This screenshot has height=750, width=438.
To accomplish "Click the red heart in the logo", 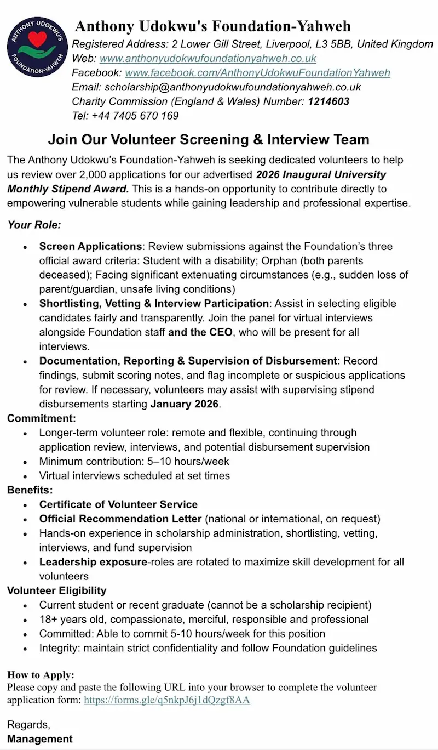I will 38,40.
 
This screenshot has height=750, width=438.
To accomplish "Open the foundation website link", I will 208,58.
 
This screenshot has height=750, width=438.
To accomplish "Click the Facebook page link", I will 257,72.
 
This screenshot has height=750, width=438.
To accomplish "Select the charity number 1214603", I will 328,101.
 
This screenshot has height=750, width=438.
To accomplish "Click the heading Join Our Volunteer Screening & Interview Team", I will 209,139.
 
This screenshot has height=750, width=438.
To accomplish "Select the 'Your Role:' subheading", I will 34,224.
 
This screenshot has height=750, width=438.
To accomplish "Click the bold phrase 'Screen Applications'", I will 90,246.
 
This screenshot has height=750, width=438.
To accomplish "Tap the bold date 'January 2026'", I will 185,404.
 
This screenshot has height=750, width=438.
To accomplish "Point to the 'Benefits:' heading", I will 30,490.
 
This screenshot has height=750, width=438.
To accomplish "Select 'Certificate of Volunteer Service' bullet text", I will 118,504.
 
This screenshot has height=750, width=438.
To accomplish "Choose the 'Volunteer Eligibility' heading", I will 57,590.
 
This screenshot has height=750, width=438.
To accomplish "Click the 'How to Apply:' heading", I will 41,674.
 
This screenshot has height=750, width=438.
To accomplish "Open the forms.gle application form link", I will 167,700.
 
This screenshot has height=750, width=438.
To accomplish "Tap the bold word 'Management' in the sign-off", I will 40,738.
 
